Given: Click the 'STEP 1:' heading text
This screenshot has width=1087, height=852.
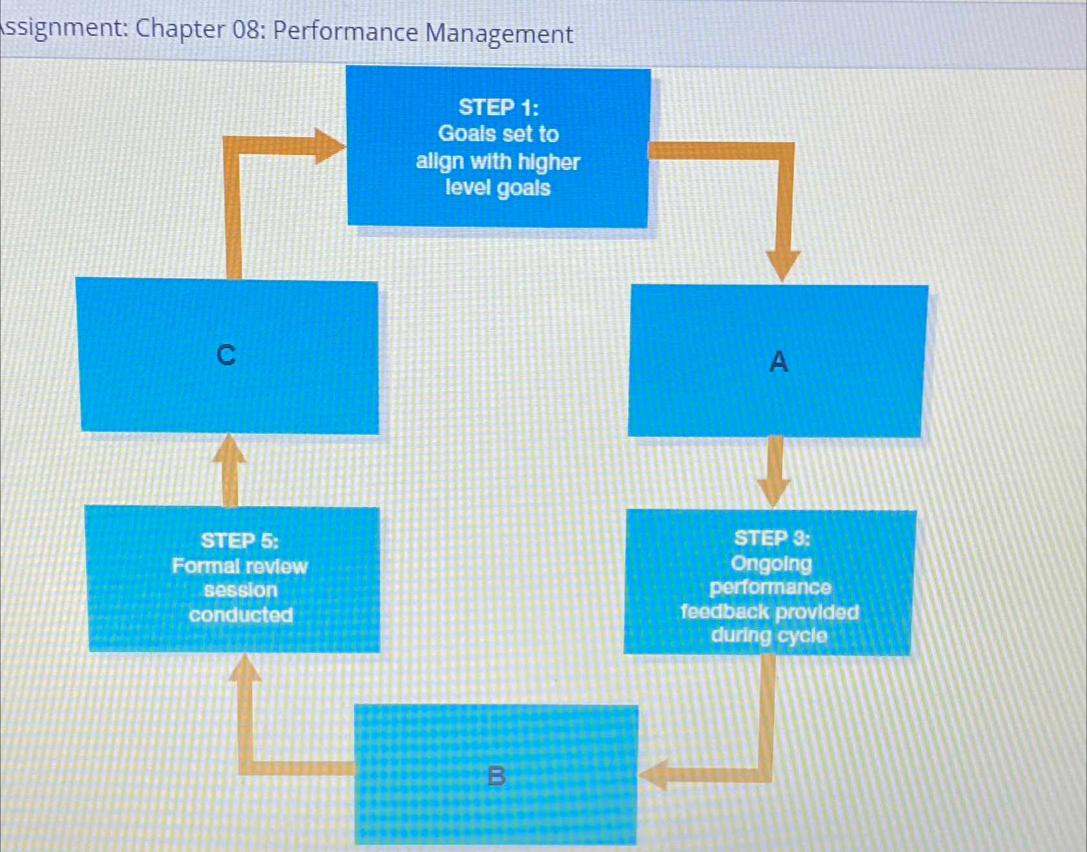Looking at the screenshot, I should [498, 107].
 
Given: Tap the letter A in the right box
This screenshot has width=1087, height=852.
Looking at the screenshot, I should [779, 361].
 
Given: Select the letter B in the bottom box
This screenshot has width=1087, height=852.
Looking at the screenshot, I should [496, 775].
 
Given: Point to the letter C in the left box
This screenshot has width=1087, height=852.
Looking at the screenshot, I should [226, 355].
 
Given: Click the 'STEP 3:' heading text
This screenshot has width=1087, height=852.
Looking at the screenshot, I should [772, 538].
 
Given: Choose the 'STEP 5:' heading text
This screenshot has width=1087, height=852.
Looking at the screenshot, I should [239, 540].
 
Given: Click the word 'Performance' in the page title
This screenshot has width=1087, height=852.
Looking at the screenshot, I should [345, 31].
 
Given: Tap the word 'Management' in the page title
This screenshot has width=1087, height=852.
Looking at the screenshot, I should [499, 33].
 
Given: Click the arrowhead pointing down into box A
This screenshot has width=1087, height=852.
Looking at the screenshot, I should [783, 265].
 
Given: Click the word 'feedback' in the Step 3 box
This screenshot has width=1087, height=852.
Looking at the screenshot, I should [724, 612].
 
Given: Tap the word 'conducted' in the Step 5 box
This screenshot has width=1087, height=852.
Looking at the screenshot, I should [240, 614].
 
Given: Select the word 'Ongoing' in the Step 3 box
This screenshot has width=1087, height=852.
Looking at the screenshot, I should [771, 564].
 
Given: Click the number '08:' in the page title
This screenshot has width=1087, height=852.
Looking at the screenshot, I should [249, 30].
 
